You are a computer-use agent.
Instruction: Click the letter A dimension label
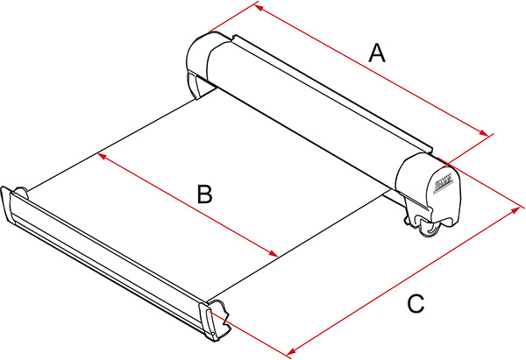(376, 53)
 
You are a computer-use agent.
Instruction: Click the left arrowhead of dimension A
(257, 7)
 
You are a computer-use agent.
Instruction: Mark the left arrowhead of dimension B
(101, 156)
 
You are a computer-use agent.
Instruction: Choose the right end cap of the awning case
(430, 188)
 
